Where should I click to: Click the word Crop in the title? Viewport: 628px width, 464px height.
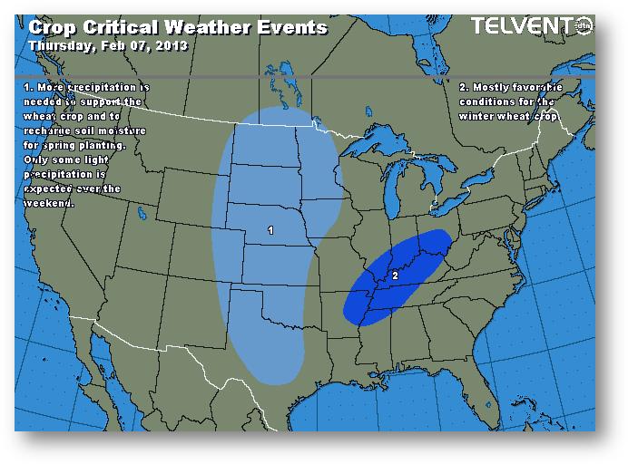click(x=53, y=26)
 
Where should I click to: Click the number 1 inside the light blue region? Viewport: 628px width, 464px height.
click(x=270, y=231)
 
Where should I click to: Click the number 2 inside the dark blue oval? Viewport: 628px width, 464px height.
click(x=395, y=274)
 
